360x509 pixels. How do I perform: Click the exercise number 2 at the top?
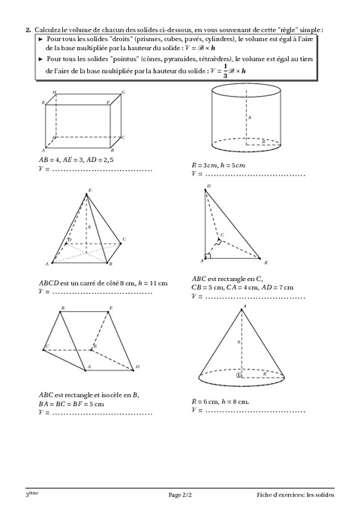tap(28, 30)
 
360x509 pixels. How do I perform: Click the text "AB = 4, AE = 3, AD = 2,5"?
tap(76, 160)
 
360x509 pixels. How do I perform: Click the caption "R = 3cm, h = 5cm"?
tap(218, 165)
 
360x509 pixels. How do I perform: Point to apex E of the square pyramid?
tap(86, 194)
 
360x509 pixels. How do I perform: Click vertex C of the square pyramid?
tap(121, 243)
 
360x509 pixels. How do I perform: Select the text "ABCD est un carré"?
tap(71, 283)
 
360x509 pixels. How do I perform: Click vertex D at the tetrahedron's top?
tap(205, 190)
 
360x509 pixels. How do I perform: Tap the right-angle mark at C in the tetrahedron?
tap(219, 241)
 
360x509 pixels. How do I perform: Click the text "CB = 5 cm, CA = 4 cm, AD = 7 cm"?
tap(242, 287)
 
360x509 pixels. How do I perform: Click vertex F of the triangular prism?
tap(108, 312)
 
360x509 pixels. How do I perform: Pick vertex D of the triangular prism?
tap(133, 370)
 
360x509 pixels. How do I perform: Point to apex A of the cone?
tap(241, 310)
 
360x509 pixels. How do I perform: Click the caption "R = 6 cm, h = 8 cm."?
tap(220, 402)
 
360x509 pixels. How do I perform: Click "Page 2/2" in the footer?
tap(180, 495)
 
